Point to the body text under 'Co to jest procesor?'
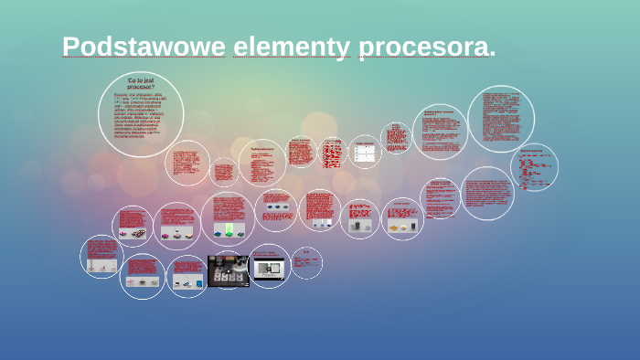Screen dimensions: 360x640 (140, 116)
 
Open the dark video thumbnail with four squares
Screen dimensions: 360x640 (228, 270)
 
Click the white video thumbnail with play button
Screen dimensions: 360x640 (271, 267)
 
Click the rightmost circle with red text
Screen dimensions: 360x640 (534, 167)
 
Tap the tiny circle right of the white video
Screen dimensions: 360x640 (306, 261)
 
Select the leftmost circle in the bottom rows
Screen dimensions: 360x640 (101, 257)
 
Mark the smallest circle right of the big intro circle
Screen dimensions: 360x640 (224, 172)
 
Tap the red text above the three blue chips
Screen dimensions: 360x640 (275, 198)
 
